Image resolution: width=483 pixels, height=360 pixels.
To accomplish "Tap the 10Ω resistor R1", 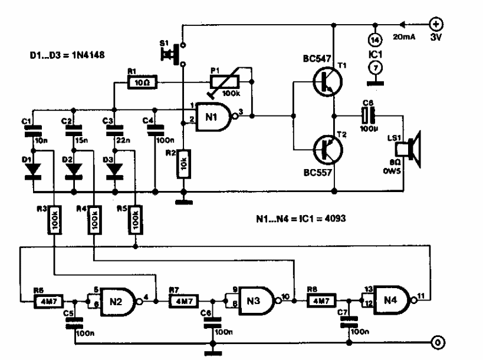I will pyautogui.click(x=141, y=84).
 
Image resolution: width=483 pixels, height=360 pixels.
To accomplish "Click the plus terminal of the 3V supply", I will pyautogui.click(x=438, y=25).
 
